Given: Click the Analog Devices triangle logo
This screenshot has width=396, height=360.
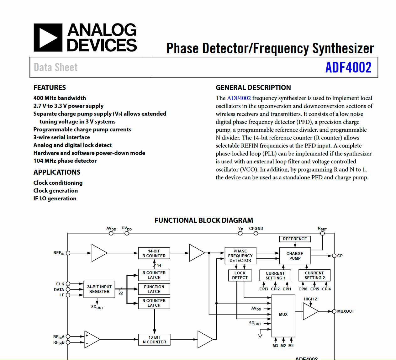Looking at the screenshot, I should pos(48,38).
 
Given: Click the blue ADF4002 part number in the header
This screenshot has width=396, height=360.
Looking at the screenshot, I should pos(348,67).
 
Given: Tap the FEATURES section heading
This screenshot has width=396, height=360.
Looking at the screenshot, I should pos(50,87).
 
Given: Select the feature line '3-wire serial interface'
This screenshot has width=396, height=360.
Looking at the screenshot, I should pos(62,137).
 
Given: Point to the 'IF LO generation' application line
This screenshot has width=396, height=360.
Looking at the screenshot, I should pos(55,198).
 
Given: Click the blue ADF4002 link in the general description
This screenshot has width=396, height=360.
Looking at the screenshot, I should pos(239,98).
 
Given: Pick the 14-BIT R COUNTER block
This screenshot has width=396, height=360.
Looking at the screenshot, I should pos(154,253).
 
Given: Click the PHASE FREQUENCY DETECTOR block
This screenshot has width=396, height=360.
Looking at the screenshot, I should pos(240,256).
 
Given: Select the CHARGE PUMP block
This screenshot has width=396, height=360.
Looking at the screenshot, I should pos(295,256).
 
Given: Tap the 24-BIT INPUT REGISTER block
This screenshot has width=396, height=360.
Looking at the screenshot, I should pos(99,289).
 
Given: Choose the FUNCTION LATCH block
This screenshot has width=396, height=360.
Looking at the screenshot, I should pos(154,289).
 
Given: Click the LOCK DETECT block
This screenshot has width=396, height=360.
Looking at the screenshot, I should pos(240,275).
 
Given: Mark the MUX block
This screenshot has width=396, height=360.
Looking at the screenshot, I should pos(283,314).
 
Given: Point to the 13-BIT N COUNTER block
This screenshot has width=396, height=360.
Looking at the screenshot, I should pos(154,340).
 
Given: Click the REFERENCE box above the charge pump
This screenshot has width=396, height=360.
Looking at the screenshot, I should pos(295,239).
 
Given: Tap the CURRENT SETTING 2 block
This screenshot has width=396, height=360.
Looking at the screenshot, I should pos(314,275).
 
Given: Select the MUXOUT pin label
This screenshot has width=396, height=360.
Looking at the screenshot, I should pos(346,311).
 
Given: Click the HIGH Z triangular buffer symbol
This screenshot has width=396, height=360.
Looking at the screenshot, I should pos(310,311).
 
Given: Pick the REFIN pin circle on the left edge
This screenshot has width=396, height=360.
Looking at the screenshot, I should pos(68,253).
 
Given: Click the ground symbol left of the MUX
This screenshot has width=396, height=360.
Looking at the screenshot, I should pos(260,335).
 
